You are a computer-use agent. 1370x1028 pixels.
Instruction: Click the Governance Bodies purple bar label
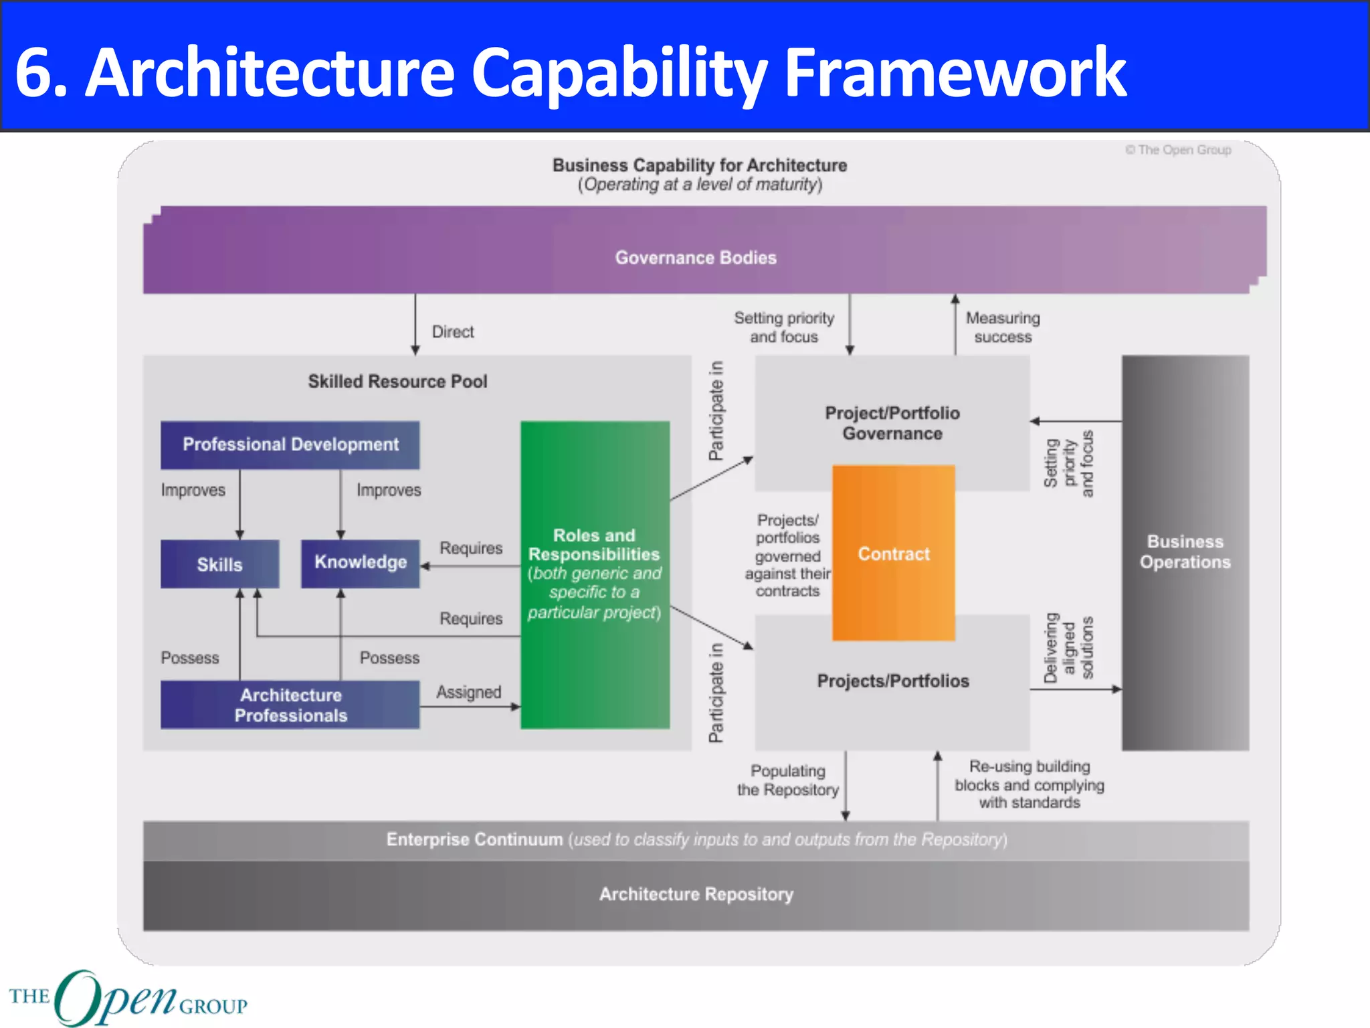[696, 258]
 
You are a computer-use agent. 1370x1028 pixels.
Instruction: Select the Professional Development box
[290, 444]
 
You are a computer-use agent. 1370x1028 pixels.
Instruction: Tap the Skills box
[219, 564]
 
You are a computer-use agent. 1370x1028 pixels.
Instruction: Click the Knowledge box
[360, 563]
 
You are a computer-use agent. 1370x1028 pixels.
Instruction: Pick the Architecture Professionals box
[290, 705]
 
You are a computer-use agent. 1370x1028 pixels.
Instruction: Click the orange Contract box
[893, 553]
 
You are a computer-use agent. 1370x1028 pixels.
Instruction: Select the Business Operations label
[1185, 551]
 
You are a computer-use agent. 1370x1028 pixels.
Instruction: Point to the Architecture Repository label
[696, 894]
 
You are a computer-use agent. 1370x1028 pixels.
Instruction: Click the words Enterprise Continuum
[474, 839]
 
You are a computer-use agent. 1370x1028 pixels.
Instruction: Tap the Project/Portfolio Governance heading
[892, 423]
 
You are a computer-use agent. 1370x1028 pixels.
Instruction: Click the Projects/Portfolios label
[892, 681]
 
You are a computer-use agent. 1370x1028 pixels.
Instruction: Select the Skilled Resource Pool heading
[397, 381]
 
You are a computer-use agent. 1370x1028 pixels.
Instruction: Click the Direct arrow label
[453, 332]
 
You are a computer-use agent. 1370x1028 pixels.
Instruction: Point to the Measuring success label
[1003, 327]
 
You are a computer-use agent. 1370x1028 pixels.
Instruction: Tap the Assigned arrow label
[468, 692]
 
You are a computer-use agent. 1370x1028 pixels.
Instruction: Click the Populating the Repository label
[787, 780]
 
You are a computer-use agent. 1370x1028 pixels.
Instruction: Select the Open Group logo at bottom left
[127, 997]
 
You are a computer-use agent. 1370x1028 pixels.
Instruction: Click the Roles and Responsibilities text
[594, 545]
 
